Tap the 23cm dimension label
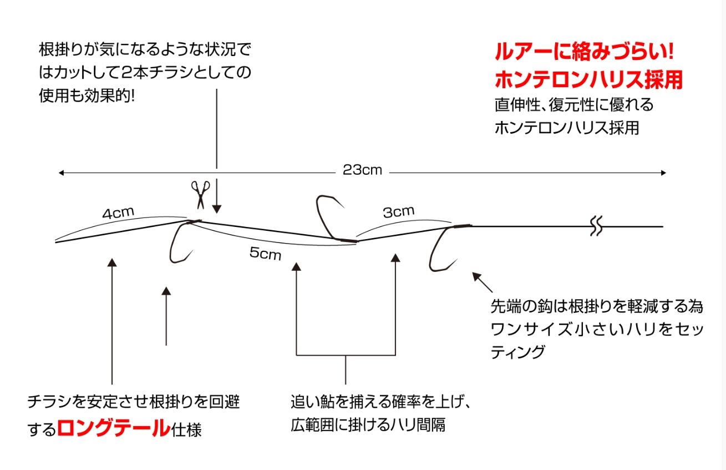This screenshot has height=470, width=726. (362, 170)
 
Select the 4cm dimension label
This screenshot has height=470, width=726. (118, 213)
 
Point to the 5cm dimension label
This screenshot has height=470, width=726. (265, 254)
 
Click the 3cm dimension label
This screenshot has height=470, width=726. (398, 211)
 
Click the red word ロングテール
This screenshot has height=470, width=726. (113, 428)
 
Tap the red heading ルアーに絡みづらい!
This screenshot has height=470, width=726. (583, 53)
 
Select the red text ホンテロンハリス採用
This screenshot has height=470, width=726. (588, 80)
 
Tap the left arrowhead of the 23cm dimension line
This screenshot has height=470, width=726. (62, 173)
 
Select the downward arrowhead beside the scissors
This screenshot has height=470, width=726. (217, 209)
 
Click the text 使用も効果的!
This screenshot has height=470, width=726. (87, 95)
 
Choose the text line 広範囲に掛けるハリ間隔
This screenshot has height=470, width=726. (368, 426)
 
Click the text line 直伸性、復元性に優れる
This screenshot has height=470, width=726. (575, 104)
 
